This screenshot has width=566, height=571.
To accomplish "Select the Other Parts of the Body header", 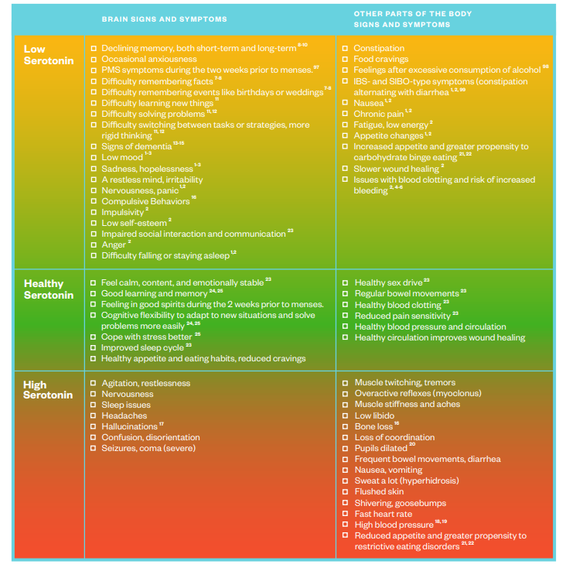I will point(413,19).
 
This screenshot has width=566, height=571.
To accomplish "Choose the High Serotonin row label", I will point(48,389).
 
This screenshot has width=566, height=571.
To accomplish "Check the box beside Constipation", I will point(346,49).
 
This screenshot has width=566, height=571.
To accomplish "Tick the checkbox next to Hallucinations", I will point(94,427).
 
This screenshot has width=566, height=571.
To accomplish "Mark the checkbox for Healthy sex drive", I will point(346,283).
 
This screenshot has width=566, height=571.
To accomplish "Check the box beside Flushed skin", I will point(346,492).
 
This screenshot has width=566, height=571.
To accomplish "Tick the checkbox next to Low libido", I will point(346,416).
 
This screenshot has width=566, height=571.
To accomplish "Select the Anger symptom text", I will point(114,245).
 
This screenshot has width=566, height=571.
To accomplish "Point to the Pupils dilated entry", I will point(380,449).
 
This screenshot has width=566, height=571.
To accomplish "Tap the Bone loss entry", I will point(373,427).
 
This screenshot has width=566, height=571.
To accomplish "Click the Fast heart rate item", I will point(383,514).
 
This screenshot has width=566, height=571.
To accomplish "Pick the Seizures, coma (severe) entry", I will point(148,449).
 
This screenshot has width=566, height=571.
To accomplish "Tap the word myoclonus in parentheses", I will point(453,393).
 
